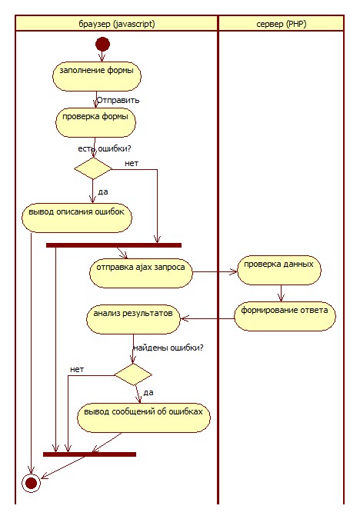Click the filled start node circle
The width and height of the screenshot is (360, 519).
tap(102, 44)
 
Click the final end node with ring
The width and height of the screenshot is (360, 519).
tap(31, 483)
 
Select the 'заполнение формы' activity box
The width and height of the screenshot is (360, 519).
tap(97, 76)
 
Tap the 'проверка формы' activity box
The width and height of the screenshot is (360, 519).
tap(95, 122)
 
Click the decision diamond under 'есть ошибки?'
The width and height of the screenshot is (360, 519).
tap(93, 168)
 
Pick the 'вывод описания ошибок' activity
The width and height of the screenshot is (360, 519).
tap(77, 218)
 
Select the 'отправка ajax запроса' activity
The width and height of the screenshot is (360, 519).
tap(141, 273)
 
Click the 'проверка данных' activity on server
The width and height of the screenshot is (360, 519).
tap(279, 270)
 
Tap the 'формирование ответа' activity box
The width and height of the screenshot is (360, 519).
tap(285, 316)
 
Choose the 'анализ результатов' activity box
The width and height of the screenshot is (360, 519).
tap(134, 319)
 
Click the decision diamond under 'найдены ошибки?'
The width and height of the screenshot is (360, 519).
tap(133, 374)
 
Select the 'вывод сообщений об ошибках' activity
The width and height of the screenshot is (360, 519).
tap(144, 418)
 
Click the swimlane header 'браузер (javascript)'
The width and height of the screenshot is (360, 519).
tap(117, 24)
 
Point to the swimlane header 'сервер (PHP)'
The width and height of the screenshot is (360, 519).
tap(282, 24)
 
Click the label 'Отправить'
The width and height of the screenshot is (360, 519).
tap(118, 100)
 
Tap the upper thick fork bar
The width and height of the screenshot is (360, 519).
tap(114, 245)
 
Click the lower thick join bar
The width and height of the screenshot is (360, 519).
tap(89, 454)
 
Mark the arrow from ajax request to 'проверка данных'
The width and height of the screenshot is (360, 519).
tap(215, 271)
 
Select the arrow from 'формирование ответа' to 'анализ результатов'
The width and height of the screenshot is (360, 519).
tap(208, 319)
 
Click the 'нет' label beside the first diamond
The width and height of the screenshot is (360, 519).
tap(132, 163)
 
